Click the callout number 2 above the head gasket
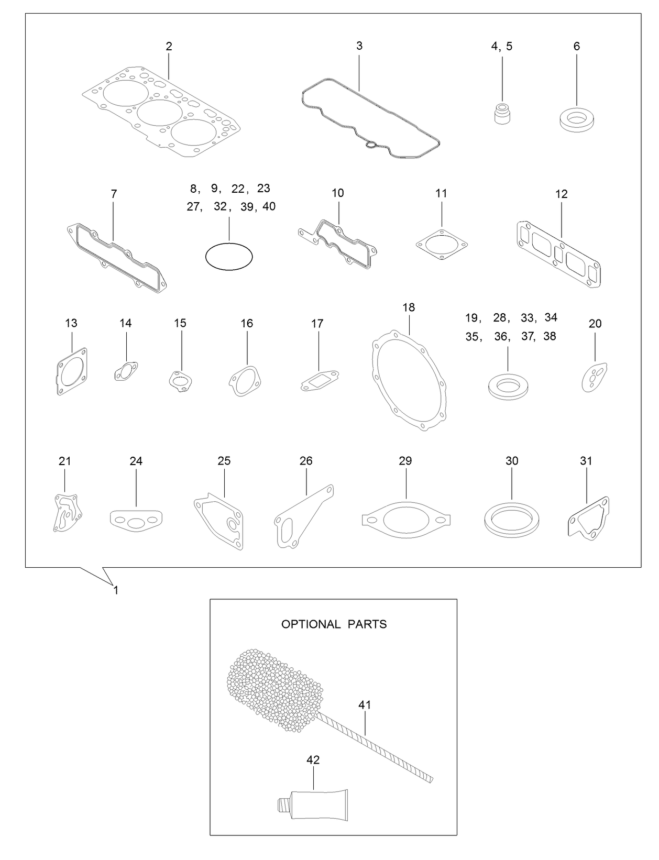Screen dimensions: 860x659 pos(169,46)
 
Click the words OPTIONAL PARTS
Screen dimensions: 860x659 pos(334,624)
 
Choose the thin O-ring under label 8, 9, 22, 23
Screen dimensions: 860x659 pos(228,257)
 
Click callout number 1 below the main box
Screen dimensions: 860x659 pos(116,590)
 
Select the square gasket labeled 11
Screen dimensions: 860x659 pos(441,244)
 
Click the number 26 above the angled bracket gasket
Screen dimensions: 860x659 pos(306,461)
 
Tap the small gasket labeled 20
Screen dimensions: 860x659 pos(594,376)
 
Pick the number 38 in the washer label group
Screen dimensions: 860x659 pos(550,336)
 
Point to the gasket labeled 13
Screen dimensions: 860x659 pos(71,372)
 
